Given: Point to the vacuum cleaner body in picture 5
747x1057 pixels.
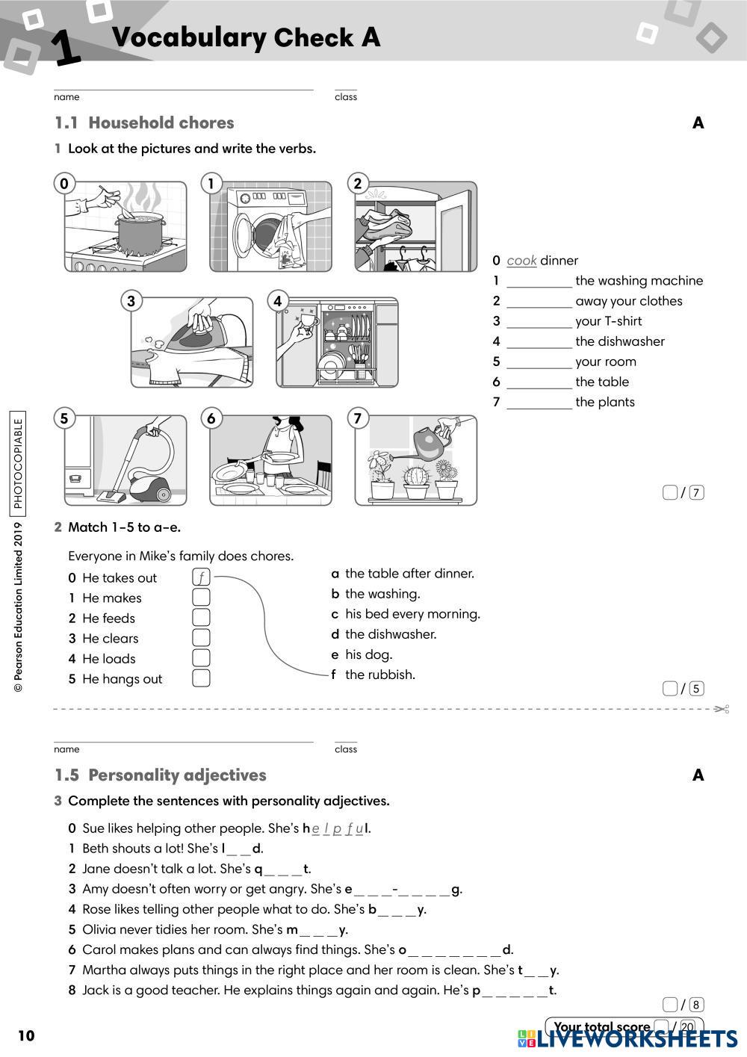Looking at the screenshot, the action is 150,486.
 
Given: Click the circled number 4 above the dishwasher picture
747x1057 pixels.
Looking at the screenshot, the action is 277,301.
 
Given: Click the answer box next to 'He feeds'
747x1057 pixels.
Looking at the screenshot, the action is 201,618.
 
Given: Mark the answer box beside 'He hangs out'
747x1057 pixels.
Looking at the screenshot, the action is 201,678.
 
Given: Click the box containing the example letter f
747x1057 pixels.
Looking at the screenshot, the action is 201,577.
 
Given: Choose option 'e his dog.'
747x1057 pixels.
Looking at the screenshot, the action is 362,654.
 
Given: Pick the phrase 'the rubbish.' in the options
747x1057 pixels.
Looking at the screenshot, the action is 380,675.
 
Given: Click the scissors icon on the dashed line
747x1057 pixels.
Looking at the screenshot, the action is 722,709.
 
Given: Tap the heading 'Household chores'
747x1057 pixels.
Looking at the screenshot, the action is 161,123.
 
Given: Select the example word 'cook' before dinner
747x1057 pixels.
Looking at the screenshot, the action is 521,261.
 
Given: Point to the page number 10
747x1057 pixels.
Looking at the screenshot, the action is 26,1036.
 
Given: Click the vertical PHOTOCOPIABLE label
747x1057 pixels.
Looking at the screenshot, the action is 18,463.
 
